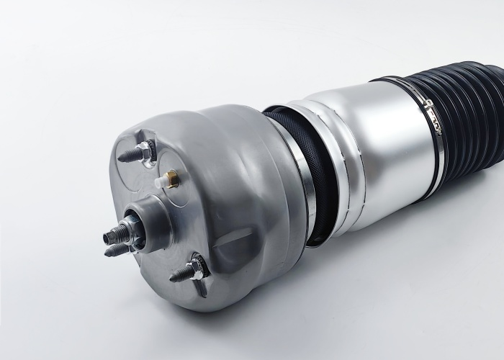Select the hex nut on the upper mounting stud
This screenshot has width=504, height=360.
[x=143, y=151]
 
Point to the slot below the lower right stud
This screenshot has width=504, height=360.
[x=202, y=289]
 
